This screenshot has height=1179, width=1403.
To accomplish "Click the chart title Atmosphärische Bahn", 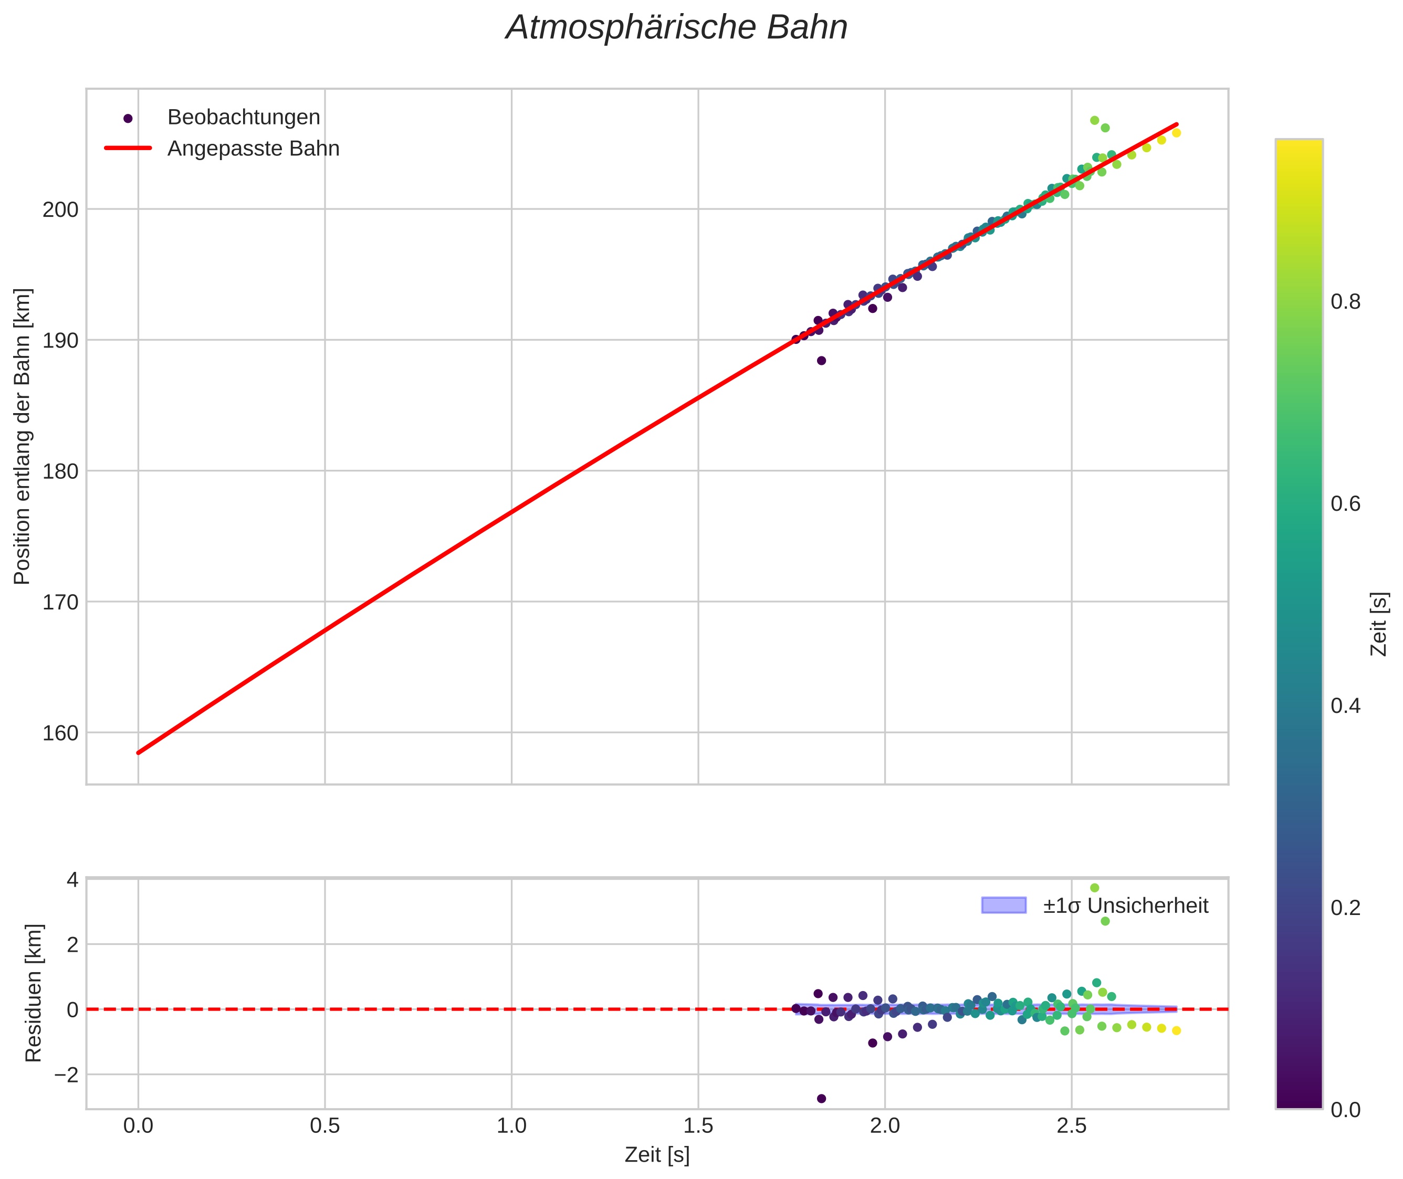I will pos(676,28).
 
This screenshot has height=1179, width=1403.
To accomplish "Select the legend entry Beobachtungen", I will pos(243,118).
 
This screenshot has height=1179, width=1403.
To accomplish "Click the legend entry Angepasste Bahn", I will pos(253,149).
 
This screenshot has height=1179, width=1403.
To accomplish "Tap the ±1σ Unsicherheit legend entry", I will pos(1125,906).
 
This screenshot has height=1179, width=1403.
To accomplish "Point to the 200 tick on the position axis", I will pos(60,210).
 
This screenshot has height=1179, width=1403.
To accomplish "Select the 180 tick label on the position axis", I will pos(60,472).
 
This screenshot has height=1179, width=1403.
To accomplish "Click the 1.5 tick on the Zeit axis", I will pos(698,1126).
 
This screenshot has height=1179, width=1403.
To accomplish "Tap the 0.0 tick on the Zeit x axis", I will pos(139,1126).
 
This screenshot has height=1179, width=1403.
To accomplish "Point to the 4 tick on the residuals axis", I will pos(72,880).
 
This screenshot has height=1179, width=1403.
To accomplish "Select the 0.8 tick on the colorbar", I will pos(1345,303).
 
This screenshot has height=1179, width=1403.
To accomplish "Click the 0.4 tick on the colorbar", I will pos(1345,707).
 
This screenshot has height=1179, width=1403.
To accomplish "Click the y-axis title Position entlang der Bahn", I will pos(23,436).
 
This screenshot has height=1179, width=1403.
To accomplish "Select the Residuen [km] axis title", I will pos(34,993).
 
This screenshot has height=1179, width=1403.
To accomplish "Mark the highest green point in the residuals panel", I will pos(1094,888).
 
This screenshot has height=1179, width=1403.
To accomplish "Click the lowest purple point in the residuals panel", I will pos(822,1099).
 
